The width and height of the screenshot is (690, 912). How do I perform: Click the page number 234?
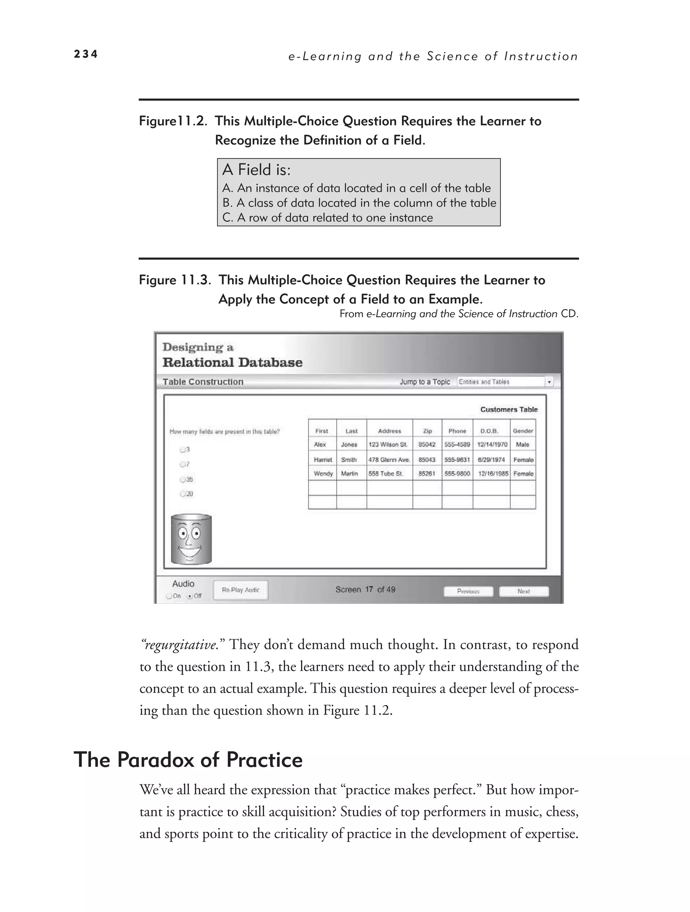click(x=86, y=54)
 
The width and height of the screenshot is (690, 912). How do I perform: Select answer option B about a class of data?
click(x=358, y=203)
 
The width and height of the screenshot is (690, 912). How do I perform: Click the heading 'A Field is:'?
click(x=256, y=170)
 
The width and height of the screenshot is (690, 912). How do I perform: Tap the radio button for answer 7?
click(x=183, y=464)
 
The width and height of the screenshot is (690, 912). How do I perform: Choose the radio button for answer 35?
click(x=183, y=480)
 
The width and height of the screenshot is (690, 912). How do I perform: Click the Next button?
click(x=524, y=591)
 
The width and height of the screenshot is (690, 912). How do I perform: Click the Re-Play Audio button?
click(x=240, y=590)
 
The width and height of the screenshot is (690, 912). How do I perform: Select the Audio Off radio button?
click(x=190, y=596)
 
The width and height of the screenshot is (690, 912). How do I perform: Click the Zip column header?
click(x=428, y=431)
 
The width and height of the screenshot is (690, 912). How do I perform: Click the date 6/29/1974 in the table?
click(x=491, y=460)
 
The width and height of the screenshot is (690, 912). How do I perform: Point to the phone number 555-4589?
click(x=457, y=445)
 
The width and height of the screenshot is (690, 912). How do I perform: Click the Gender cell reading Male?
click(x=522, y=445)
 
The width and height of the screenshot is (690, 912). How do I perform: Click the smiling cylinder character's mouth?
click(x=190, y=550)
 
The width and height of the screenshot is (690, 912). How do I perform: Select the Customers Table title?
click(x=509, y=409)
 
